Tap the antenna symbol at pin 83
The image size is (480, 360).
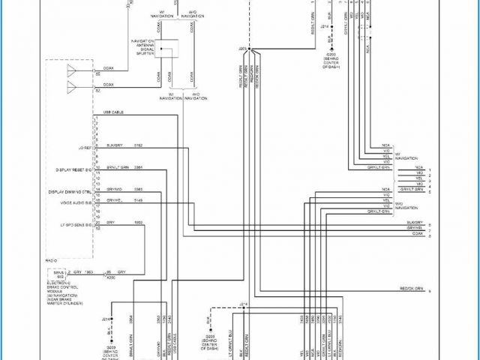coord(73,72)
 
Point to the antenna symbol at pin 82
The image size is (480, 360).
coord(73,88)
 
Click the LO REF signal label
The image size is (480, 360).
coord(84,148)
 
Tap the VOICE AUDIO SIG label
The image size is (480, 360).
coord(76,202)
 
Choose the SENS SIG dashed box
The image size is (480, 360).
coord(55,274)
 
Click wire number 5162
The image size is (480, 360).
coord(138,143)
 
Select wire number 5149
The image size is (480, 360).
coord(138,200)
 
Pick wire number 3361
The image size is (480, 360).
coord(138,167)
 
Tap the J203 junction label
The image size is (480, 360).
coord(242,48)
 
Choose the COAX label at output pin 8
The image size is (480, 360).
coord(417,234)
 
